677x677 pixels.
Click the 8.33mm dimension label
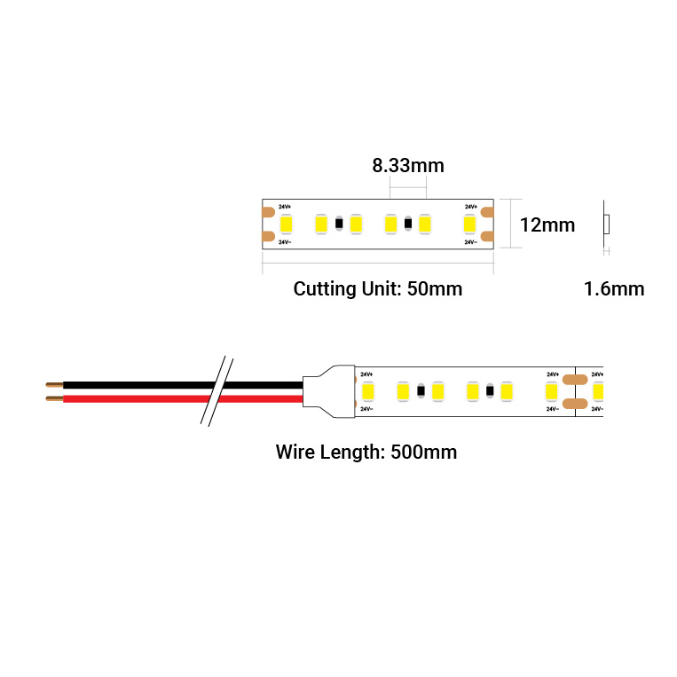point(408,165)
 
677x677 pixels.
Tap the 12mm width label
point(547,225)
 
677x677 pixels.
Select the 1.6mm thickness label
point(614,288)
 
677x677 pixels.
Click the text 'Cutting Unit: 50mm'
point(377,288)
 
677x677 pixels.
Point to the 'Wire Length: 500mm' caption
point(366,452)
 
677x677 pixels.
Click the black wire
point(133,385)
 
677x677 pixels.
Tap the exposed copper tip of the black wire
point(53,385)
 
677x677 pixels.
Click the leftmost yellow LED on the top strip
point(286,224)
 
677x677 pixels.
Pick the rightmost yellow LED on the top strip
point(469,224)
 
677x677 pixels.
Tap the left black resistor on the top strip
point(338,224)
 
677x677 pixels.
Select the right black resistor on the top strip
point(407,224)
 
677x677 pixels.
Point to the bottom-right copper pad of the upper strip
point(487,237)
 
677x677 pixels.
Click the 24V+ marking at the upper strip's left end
point(284,207)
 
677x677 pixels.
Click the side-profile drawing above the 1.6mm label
point(605,224)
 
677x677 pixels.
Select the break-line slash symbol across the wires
point(217,391)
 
